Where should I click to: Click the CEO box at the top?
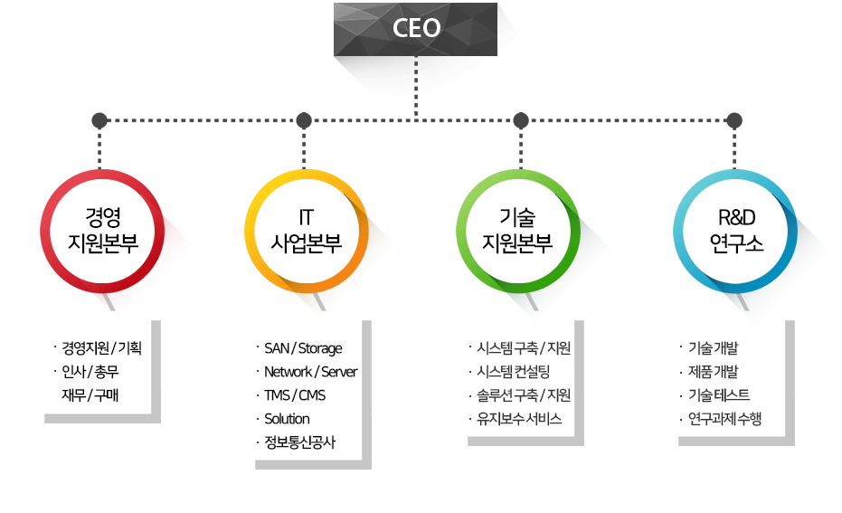(416, 29)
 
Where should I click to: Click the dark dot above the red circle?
(99, 120)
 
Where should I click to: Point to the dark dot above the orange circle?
(304, 120)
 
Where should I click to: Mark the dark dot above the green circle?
(520, 120)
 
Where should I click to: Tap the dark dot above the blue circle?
(734, 120)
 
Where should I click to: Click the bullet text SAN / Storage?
(303, 348)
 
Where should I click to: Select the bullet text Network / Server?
(310, 372)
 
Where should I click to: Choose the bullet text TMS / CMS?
(295, 395)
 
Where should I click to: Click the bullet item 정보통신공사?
(300, 442)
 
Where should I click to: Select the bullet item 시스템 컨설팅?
(512, 372)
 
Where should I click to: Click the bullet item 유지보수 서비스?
(518, 419)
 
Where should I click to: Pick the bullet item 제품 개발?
(714, 372)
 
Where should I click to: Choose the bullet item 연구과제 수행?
(724, 419)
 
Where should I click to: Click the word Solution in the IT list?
(287, 419)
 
